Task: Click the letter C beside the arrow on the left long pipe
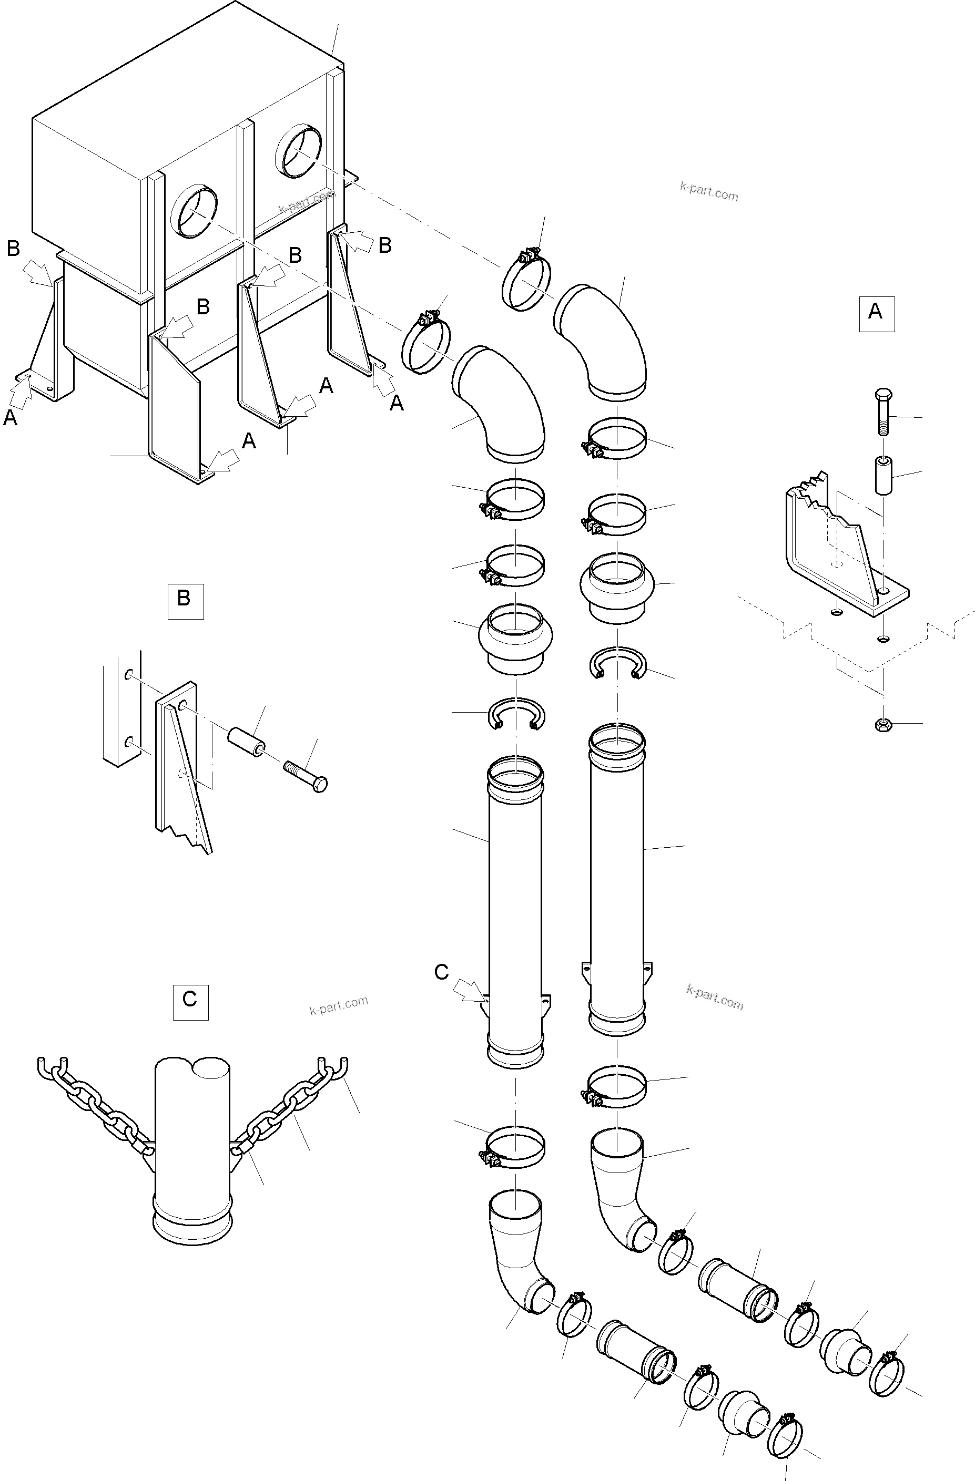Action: (x=441, y=972)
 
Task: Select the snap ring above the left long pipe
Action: (x=516, y=713)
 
